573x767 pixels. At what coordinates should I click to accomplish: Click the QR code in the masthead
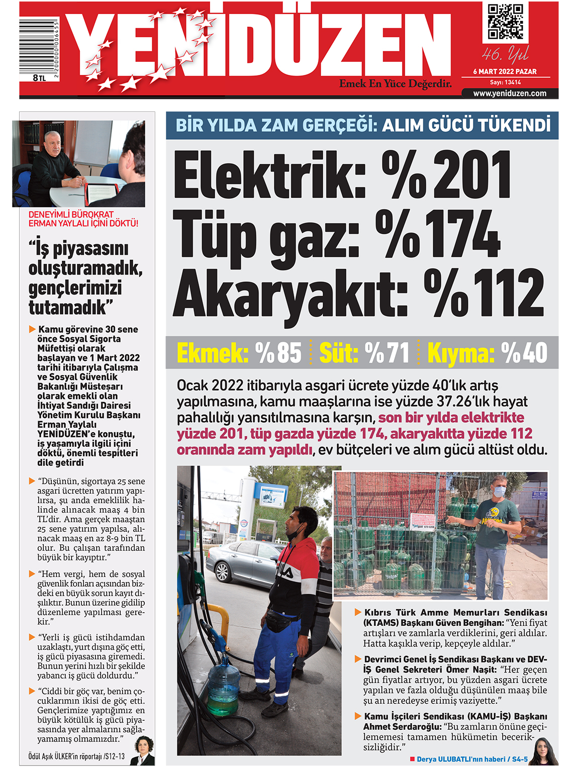point(505,22)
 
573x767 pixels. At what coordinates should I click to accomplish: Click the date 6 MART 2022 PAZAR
point(505,71)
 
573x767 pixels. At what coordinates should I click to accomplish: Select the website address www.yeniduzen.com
point(510,93)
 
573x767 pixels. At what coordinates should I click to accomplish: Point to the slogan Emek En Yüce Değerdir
point(395,84)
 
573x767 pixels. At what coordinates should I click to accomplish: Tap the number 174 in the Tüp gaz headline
point(463,233)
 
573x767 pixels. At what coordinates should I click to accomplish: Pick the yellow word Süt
point(338,353)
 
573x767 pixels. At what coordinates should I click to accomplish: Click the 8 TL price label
point(39,78)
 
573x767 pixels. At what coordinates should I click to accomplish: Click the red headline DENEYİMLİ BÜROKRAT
point(71,215)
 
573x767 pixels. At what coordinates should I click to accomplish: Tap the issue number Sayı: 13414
point(505,82)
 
